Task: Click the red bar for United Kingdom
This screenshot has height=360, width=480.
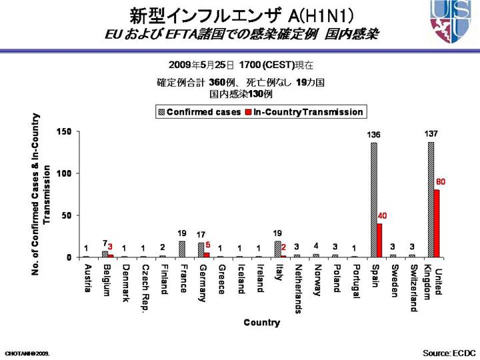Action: pyautogui.click(x=437, y=223)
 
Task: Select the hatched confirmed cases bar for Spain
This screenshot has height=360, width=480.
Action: pyautogui.click(x=373, y=200)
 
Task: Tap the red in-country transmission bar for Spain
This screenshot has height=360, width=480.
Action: pyautogui.click(x=379, y=240)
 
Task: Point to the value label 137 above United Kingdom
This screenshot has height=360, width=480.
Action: pyautogui.click(x=431, y=134)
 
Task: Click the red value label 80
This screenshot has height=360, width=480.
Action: pyautogui.click(x=441, y=182)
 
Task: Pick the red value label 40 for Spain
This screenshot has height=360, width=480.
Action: pyautogui.click(x=382, y=215)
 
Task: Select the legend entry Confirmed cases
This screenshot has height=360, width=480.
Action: pyautogui.click(x=199, y=112)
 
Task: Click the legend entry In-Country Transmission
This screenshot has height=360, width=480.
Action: pyautogui.click(x=303, y=112)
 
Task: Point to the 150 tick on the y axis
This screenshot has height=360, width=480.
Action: pyautogui.click(x=64, y=131)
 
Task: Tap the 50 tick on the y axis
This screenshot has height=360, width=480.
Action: pyautogui.click(x=66, y=215)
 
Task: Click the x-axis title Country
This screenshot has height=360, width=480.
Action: pyautogui.click(x=261, y=323)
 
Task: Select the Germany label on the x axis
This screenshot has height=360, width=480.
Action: pyautogui.click(x=203, y=283)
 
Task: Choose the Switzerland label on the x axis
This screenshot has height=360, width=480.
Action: pyautogui.click(x=413, y=287)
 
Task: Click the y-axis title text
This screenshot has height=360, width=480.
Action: pyautogui.click(x=41, y=193)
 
